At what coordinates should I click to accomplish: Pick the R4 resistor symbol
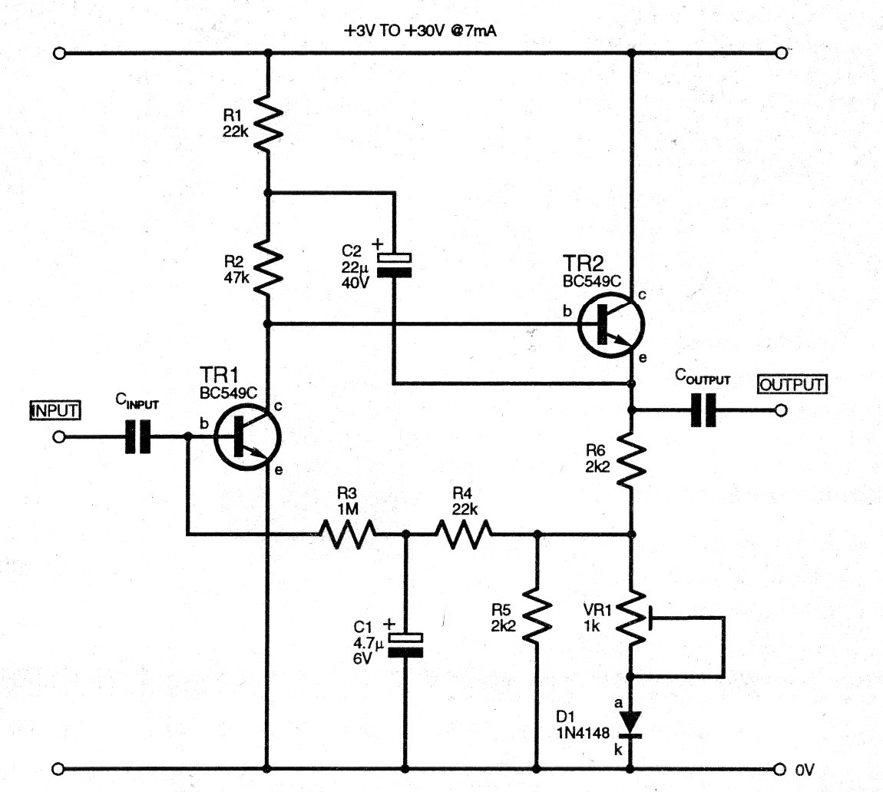pyautogui.click(x=464, y=532)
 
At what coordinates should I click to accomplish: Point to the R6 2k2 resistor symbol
pyautogui.click(x=630, y=459)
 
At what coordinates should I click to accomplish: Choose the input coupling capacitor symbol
pyautogui.click(x=139, y=436)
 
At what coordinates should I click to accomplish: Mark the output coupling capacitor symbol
pyautogui.click(x=703, y=409)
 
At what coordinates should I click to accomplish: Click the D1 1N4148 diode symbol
pyautogui.click(x=630, y=723)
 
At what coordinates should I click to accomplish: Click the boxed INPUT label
pyautogui.click(x=54, y=410)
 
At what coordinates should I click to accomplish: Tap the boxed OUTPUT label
pyautogui.click(x=792, y=383)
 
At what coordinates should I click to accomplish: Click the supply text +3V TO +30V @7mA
pyautogui.click(x=425, y=31)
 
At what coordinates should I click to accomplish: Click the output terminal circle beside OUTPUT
pyautogui.click(x=781, y=410)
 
